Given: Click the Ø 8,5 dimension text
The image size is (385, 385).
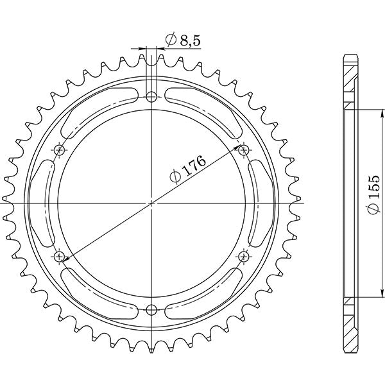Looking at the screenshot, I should (175, 40).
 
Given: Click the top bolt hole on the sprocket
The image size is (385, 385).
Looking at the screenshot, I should (151, 97).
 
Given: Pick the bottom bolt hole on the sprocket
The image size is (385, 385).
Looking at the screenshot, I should (151, 310).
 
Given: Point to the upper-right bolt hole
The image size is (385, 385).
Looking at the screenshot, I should (243, 150).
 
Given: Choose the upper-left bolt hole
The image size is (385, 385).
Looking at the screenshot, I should (60, 150).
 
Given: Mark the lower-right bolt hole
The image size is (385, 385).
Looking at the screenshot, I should (243, 257).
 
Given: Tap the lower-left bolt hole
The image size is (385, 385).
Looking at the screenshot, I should (60, 257).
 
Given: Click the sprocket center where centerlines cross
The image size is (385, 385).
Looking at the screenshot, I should (151, 203).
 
